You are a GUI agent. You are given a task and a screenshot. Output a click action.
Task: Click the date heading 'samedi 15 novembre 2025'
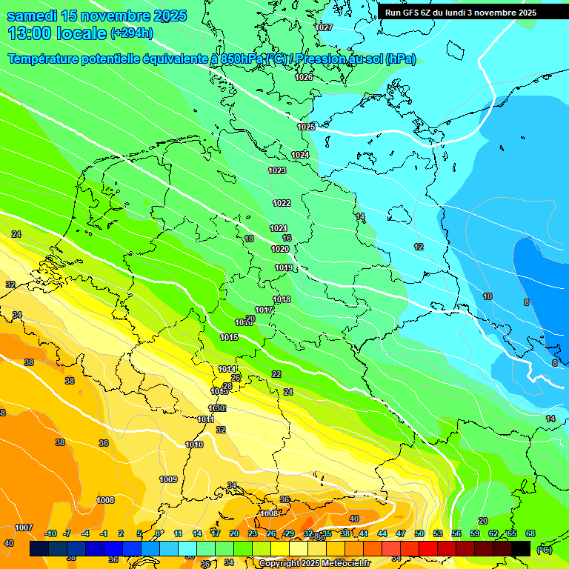(96, 16)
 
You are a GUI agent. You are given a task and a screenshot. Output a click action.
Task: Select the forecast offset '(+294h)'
(133, 33)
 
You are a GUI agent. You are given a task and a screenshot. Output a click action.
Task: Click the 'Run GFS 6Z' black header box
(461, 13)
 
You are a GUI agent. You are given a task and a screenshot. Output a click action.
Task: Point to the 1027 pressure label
(324, 27)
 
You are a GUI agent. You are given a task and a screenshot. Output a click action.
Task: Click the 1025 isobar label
(306, 127)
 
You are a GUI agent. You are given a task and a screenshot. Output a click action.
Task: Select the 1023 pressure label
(277, 170)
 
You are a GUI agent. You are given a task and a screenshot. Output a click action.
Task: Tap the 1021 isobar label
(279, 228)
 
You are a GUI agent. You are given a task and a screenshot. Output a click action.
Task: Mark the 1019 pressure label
(284, 267)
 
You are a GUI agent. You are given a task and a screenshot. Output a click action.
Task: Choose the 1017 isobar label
(264, 310)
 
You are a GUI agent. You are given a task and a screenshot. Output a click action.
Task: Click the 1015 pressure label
(229, 337)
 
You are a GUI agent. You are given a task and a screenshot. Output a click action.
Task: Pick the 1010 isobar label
(194, 445)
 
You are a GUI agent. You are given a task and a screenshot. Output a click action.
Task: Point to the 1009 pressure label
(168, 479)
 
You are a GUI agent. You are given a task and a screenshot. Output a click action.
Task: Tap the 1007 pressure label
(24, 528)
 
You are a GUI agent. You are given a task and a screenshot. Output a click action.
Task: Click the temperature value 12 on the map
(419, 247)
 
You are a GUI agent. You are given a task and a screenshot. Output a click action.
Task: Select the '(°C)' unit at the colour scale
(544, 550)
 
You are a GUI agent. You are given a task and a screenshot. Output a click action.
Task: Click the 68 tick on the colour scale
(530, 533)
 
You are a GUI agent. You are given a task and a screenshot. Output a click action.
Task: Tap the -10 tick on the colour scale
(50, 533)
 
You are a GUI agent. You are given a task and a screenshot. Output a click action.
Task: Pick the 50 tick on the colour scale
(419, 533)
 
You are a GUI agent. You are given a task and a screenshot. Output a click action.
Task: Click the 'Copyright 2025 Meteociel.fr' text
(313, 563)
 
